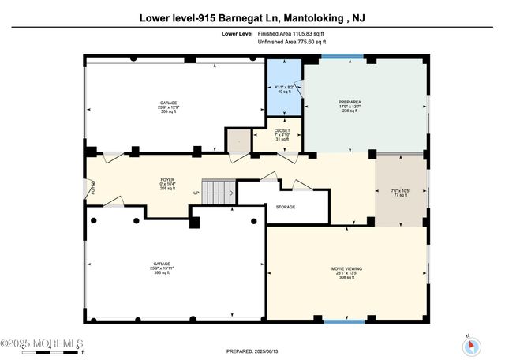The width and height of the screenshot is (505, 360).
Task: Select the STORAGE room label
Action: [285, 207]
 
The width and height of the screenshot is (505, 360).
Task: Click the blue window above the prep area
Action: [342, 57]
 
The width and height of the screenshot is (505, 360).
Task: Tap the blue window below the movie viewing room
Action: [345, 321]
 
